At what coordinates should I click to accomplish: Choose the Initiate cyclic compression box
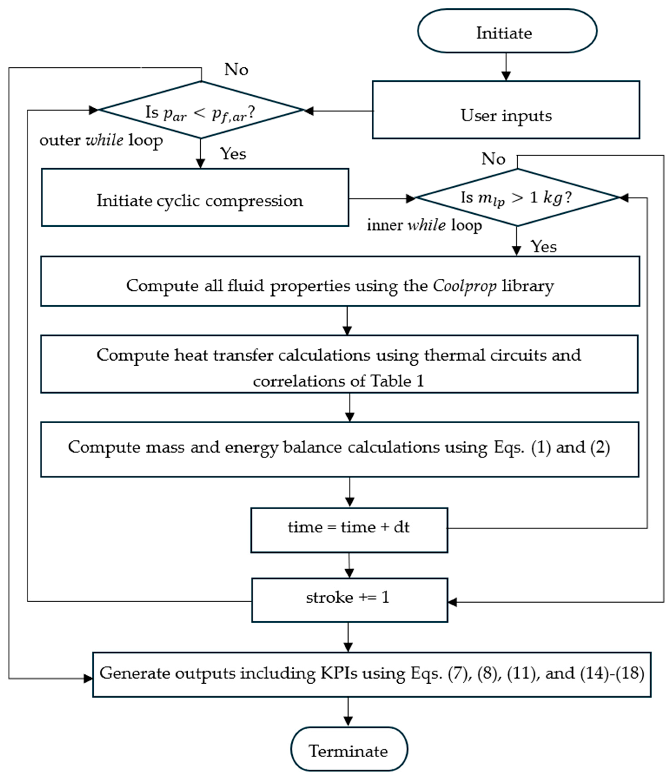[195, 198]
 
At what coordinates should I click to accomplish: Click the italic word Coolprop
[464, 286]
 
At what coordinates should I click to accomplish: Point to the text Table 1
[397, 381]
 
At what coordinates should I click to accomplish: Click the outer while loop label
[101, 140]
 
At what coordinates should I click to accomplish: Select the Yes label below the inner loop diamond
[543, 247]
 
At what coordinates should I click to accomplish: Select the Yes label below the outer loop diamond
[233, 154]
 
